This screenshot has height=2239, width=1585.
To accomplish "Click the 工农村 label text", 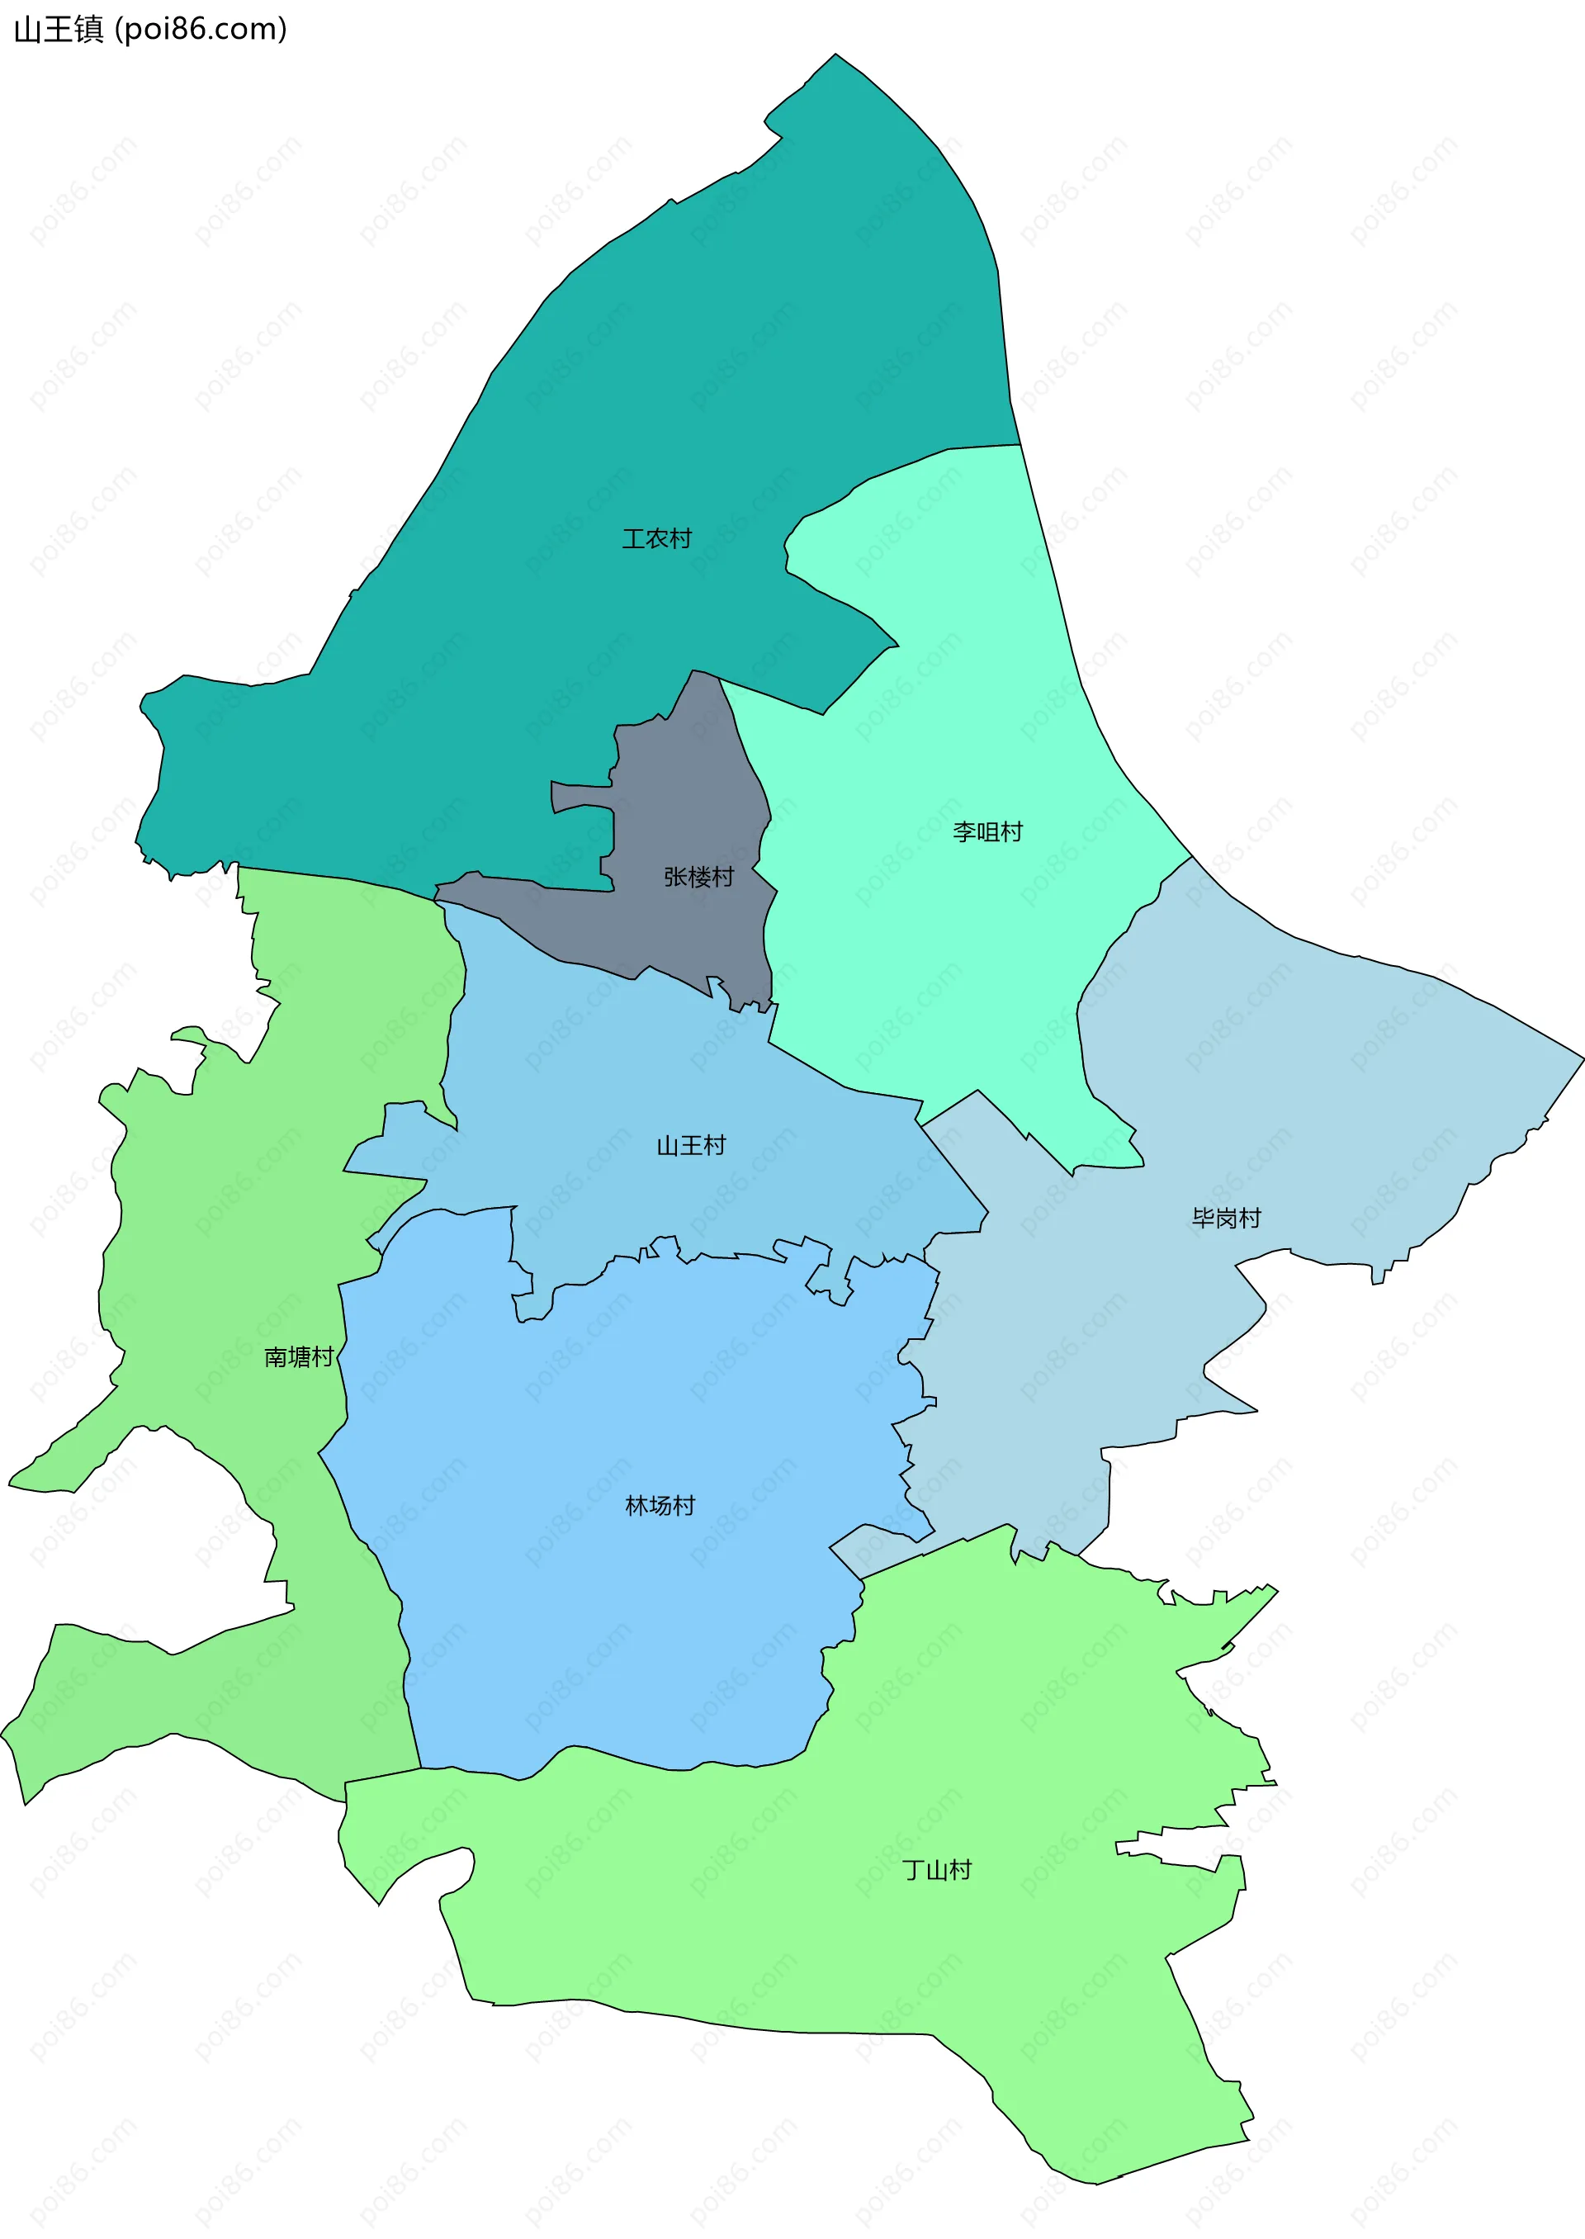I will pyautogui.click(x=657, y=539).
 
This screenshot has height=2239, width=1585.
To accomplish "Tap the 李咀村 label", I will pyautogui.click(x=987, y=831).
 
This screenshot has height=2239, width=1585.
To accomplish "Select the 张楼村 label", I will pyautogui.click(x=699, y=877).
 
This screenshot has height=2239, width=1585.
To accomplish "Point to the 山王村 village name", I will pyautogui.click(x=691, y=1145).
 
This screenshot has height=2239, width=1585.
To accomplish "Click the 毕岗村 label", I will pyautogui.click(x=1226, y=1218).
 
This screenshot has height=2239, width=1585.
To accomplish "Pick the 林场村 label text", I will pyautogui.click(x=660, y=1505).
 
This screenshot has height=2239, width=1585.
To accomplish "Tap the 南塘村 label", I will pyautogui.click(x=299, y=1356).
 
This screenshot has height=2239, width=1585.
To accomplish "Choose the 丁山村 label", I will pyautogui.click(x=937, y=1869).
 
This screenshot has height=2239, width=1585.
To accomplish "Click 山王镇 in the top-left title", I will pyautogui.click(x=59, y=29).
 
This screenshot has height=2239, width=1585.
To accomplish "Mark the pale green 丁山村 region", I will pyautogui.click(x=781, y=1903).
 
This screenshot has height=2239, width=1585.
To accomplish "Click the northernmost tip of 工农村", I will pyautogui.click(x=835, y=54).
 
